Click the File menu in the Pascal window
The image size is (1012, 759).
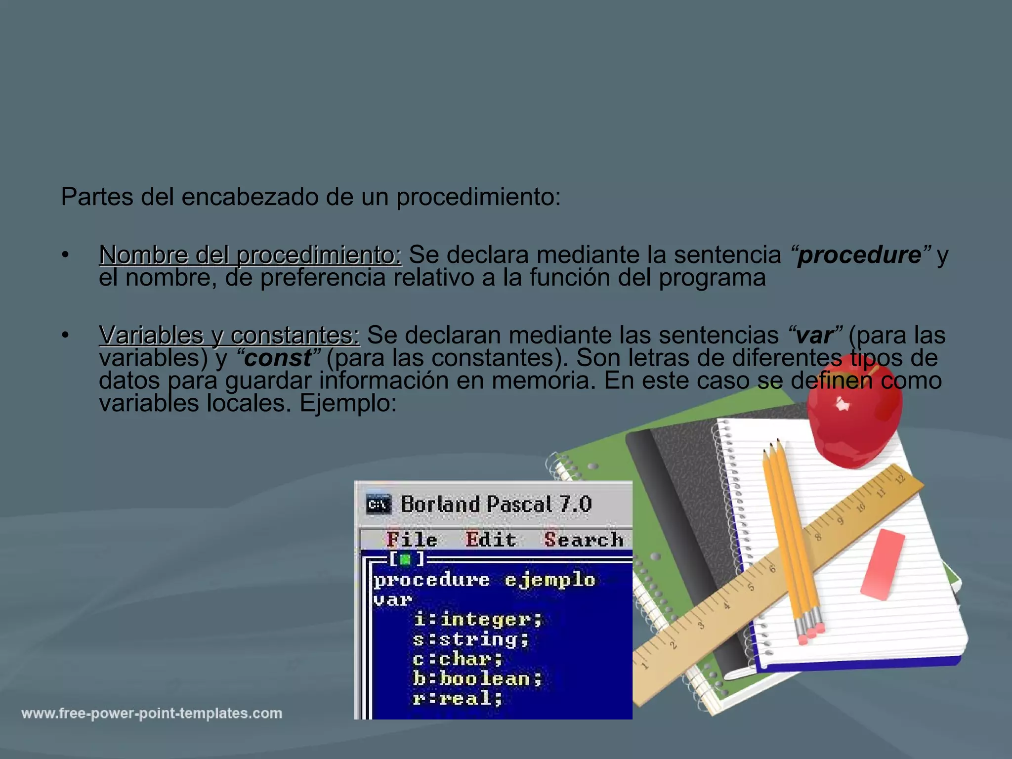pos(412,540)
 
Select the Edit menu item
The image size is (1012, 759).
pos(491,540)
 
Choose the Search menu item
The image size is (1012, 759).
pos(584,540)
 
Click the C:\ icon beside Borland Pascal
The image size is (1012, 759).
pos(379,505)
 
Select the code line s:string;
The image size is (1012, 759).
pos(471,639)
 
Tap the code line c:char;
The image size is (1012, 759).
pos(458,659)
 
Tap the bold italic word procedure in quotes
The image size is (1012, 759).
pos(859,255)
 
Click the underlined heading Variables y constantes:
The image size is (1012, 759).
pos(229,336)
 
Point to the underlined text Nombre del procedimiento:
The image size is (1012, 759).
pos(250,255)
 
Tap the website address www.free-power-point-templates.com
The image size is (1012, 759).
pos(152,714)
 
